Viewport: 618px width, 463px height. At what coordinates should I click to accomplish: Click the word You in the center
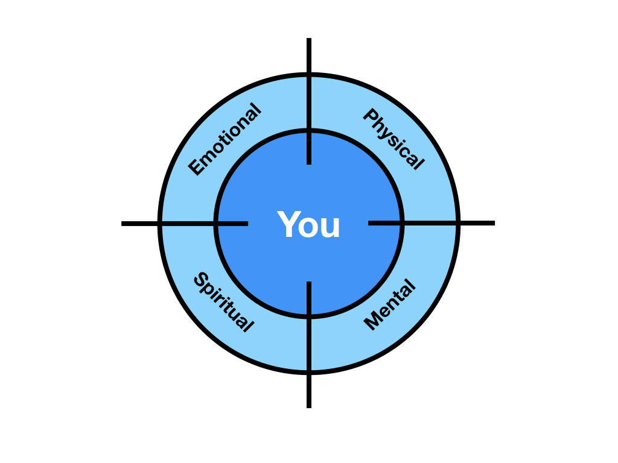point(309,225)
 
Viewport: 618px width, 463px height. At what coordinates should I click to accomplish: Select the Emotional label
point(225,140)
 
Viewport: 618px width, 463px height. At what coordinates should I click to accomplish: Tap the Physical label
point(393,139)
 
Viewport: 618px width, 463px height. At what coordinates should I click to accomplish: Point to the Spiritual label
point(222,303)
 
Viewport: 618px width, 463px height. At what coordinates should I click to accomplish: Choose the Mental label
point(390,304)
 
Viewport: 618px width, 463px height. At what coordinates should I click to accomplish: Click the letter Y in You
point(288,225)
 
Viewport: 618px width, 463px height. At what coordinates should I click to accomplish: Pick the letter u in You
point(331,228)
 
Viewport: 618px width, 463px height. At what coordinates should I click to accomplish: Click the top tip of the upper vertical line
point(309,39)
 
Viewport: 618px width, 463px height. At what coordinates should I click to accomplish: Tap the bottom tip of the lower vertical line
point(309,407)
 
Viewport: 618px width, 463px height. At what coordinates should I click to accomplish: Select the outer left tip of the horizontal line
point(123,224)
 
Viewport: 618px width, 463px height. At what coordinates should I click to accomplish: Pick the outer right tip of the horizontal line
point(494,223)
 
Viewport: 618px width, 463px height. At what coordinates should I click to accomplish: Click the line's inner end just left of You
point(247,224)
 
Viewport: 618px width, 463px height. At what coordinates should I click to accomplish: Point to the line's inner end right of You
point(369,223)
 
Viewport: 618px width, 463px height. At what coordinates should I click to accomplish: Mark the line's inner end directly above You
point(309,163)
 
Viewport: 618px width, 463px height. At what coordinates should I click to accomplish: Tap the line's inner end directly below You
point(309,283)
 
